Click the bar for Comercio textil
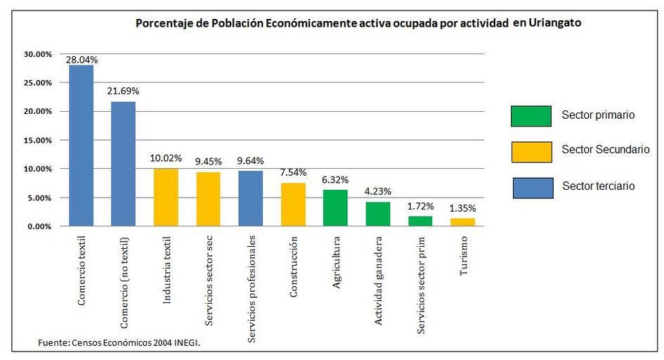(81, 146)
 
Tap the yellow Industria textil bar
(166, 198)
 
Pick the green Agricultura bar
(335, 208)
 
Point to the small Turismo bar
(462, 222)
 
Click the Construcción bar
(293, 205)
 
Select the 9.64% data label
(251, 161)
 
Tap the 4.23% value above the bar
(377, 191)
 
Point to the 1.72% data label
(420, 206)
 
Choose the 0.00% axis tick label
(39, 226)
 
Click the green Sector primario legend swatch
(530, 116)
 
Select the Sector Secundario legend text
(605, 150)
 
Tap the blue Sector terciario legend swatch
(530, 186)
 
